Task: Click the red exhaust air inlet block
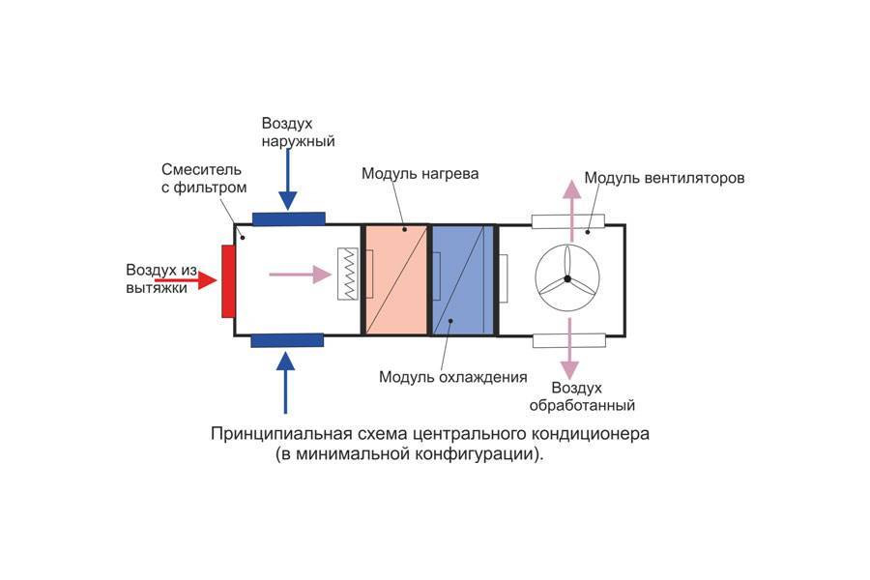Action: click(228, 281)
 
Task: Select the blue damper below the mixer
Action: click(286, 339)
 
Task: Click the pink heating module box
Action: click(395, 280)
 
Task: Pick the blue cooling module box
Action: click(463, 280)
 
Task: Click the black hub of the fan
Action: click(568, 280)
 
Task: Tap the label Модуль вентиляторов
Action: click(664, 179)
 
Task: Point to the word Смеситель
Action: click(196, 169)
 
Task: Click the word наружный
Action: click(298, 141)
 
